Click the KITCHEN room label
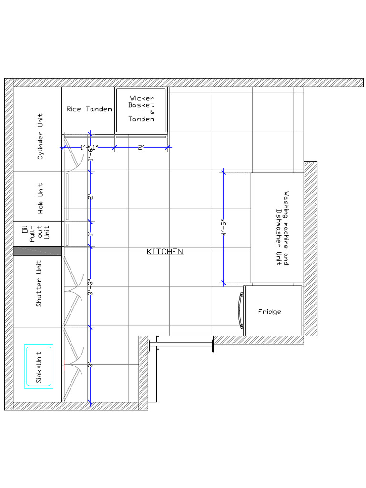(x=165, y=252)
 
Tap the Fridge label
(x=270, y=312)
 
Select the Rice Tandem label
(x=89, y=109)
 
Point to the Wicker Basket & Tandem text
(x=142, y=109)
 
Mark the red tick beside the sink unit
(x=63, y=365)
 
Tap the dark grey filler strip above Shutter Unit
(x=38, y=251)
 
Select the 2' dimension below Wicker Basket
(x=141, y=148)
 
